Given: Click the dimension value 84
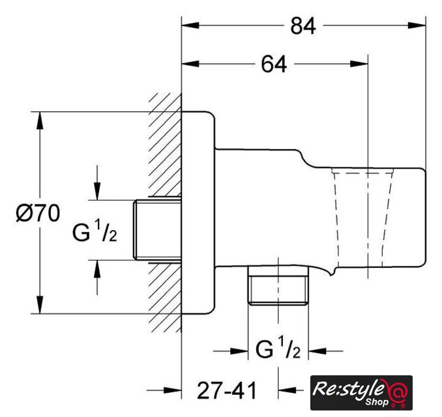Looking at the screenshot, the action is (303, 26).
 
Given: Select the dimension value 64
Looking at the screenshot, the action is (274, 65).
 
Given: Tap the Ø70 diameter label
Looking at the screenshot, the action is (38, 213).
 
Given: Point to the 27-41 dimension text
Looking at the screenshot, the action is (227, 390).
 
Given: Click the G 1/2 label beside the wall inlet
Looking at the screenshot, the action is (95, 231).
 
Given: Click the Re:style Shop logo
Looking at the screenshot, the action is (361, 392).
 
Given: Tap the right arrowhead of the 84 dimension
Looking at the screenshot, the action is (417, 25).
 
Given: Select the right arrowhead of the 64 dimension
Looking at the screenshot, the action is (359, 64).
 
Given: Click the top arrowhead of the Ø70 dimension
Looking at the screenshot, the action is (40, 121).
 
